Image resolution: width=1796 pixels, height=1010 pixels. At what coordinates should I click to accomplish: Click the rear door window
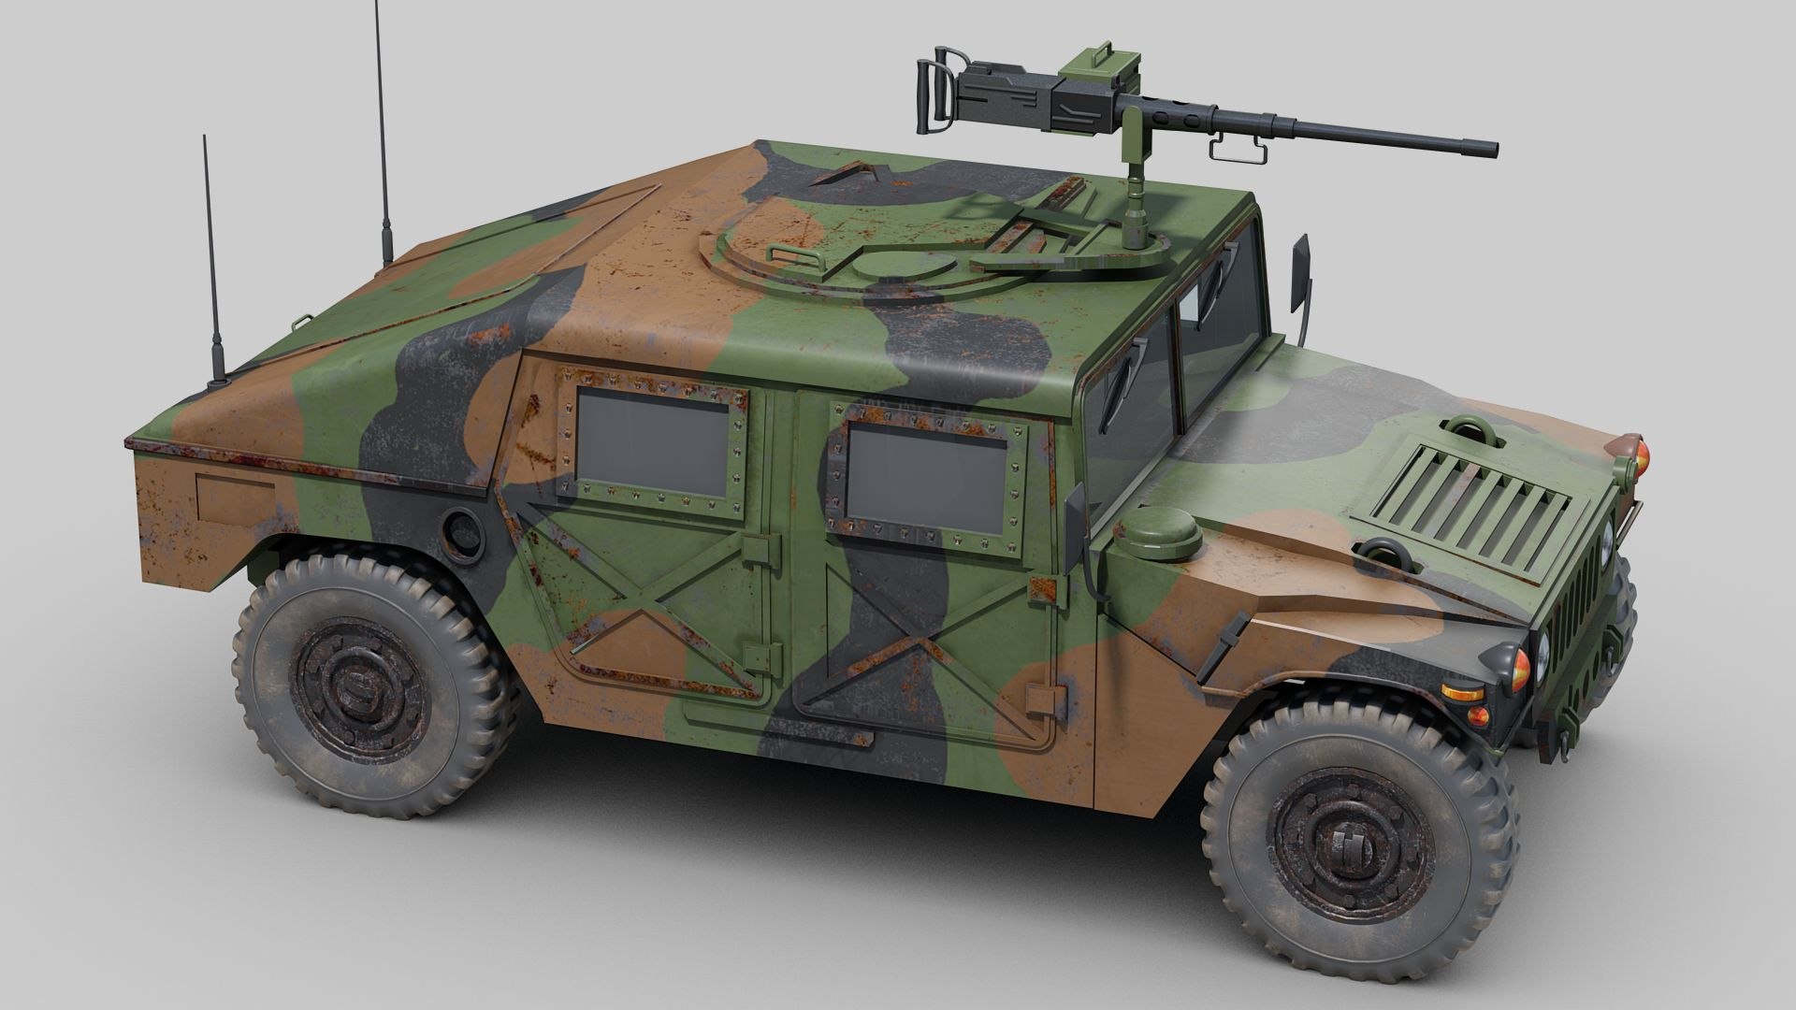652,441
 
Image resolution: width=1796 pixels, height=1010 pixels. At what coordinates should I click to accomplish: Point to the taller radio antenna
381,131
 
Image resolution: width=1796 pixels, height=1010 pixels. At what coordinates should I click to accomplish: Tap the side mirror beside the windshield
1299,275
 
